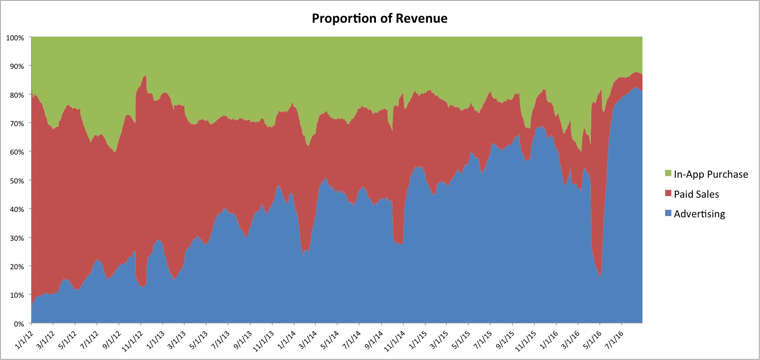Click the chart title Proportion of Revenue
(x=379, y=18)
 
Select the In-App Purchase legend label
(x=711, y=175)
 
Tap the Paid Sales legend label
(x=696, y=194)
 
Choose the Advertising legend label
(x=699, y=214)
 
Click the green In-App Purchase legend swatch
(x=668, y=173)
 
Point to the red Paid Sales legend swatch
(x=668, y=193)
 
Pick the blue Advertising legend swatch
(x=668, y=213)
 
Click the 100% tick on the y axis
(x=15, y=38)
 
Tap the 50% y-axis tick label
(x=17, y=181)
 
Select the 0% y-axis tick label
(x=18, y=324)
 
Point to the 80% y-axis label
(x=17, y=95)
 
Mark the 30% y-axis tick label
(x=17, y=238)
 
